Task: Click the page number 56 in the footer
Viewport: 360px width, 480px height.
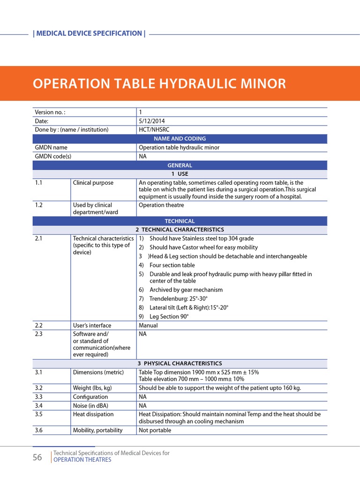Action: click(37, 457)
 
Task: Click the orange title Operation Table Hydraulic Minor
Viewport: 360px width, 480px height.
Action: click(159, 83)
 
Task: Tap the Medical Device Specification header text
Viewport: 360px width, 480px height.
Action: click(89, 33)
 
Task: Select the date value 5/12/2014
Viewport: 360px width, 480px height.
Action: click(152, 121)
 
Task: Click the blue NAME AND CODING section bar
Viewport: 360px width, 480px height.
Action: click(180, 139)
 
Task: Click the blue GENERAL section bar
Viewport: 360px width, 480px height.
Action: click(180, 165)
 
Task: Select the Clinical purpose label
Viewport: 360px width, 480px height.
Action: click(93, 183)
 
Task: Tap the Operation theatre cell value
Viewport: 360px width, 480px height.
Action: click(161, 205)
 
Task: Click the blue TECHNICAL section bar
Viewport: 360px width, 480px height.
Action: click(180, 221)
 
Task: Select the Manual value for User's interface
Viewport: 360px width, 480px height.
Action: click(148, 325)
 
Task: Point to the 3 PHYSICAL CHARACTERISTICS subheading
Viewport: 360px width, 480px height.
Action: click(180, 363)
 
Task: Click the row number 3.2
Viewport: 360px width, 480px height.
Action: click(38, 388)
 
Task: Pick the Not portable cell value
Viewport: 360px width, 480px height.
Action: click(155, 430)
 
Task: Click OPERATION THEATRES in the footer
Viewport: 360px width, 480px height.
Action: click(82, 460)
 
